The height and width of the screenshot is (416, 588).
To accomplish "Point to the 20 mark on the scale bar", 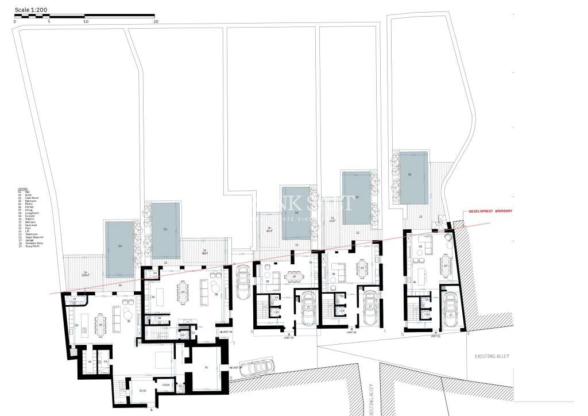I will [156, 21].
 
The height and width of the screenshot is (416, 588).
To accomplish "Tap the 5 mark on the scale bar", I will [49, 21].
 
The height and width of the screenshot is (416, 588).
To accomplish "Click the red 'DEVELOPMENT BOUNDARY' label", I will [490, 211].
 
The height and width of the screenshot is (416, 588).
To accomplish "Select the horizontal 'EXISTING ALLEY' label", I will [492, 356].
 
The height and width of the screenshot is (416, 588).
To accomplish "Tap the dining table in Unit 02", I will [362, 268].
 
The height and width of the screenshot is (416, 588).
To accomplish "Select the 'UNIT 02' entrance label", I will [351, 332].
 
